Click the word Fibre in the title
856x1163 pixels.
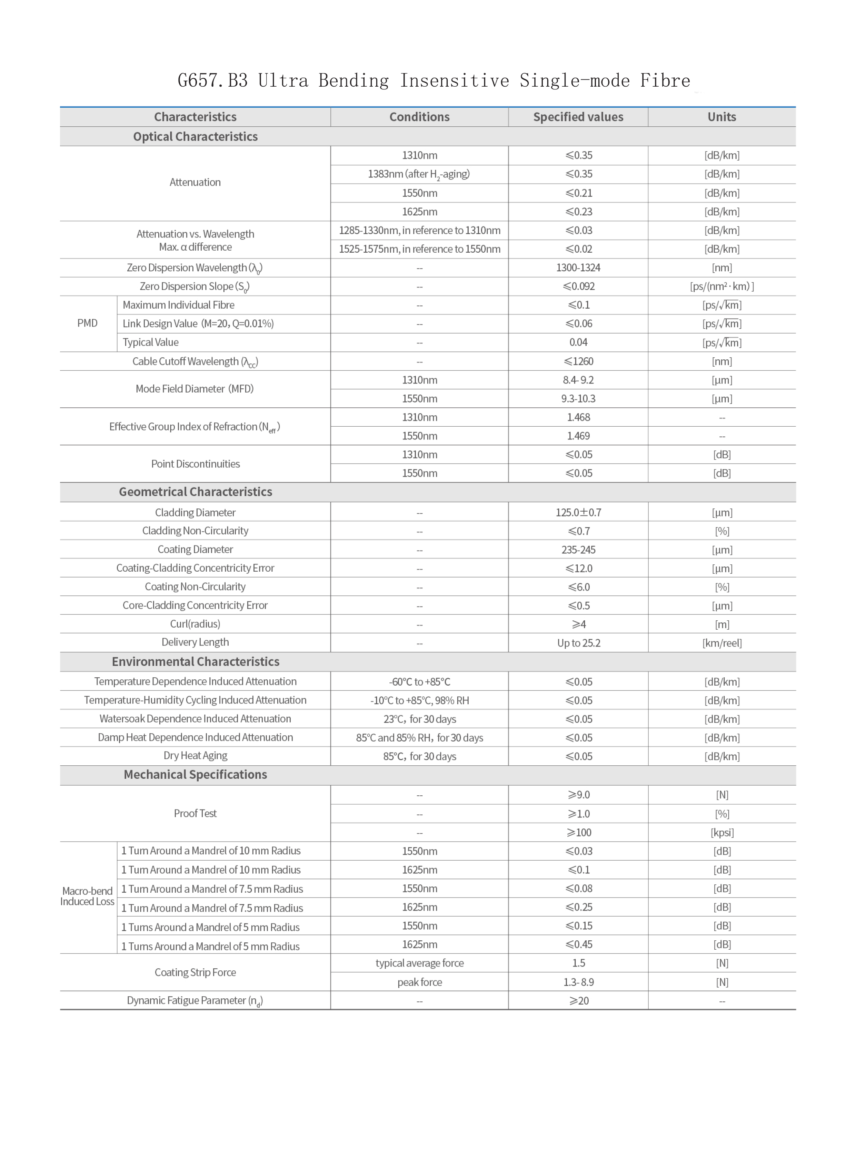(665, 80)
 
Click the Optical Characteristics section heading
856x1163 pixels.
(195, 136)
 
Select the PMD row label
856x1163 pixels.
(87, 323)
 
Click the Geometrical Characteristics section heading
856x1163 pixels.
(195, 492)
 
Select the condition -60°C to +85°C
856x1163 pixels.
(419, 682)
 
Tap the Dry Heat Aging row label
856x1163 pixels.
(195, 755)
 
